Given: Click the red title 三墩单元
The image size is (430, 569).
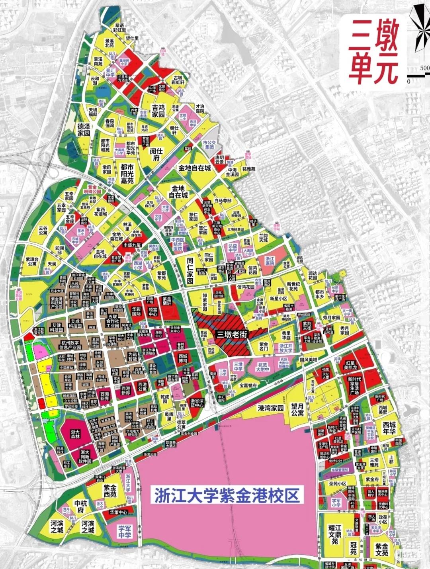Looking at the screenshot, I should click(374, 51).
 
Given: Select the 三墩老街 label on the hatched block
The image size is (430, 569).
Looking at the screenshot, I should click(232, 334).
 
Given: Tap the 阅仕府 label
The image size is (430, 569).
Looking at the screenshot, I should click(156, 154).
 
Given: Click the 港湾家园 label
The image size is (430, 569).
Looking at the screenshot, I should click(271, 408).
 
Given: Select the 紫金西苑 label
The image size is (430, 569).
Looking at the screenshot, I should click(110, 491).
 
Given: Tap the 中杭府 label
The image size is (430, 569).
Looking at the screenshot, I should click(81, 506).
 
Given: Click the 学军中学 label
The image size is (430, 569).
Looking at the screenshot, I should click(125, 532).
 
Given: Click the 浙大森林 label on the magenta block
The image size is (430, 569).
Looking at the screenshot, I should click(75, 434).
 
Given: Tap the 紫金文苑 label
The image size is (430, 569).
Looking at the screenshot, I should click(381, 550).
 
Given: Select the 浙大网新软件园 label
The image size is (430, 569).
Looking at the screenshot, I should click(85, 457).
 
